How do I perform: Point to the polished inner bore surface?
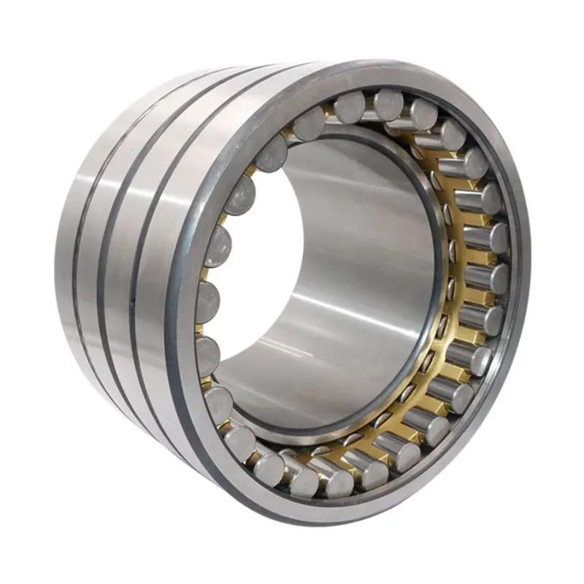point(350,292)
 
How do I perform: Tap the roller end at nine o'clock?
point(207,299)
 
